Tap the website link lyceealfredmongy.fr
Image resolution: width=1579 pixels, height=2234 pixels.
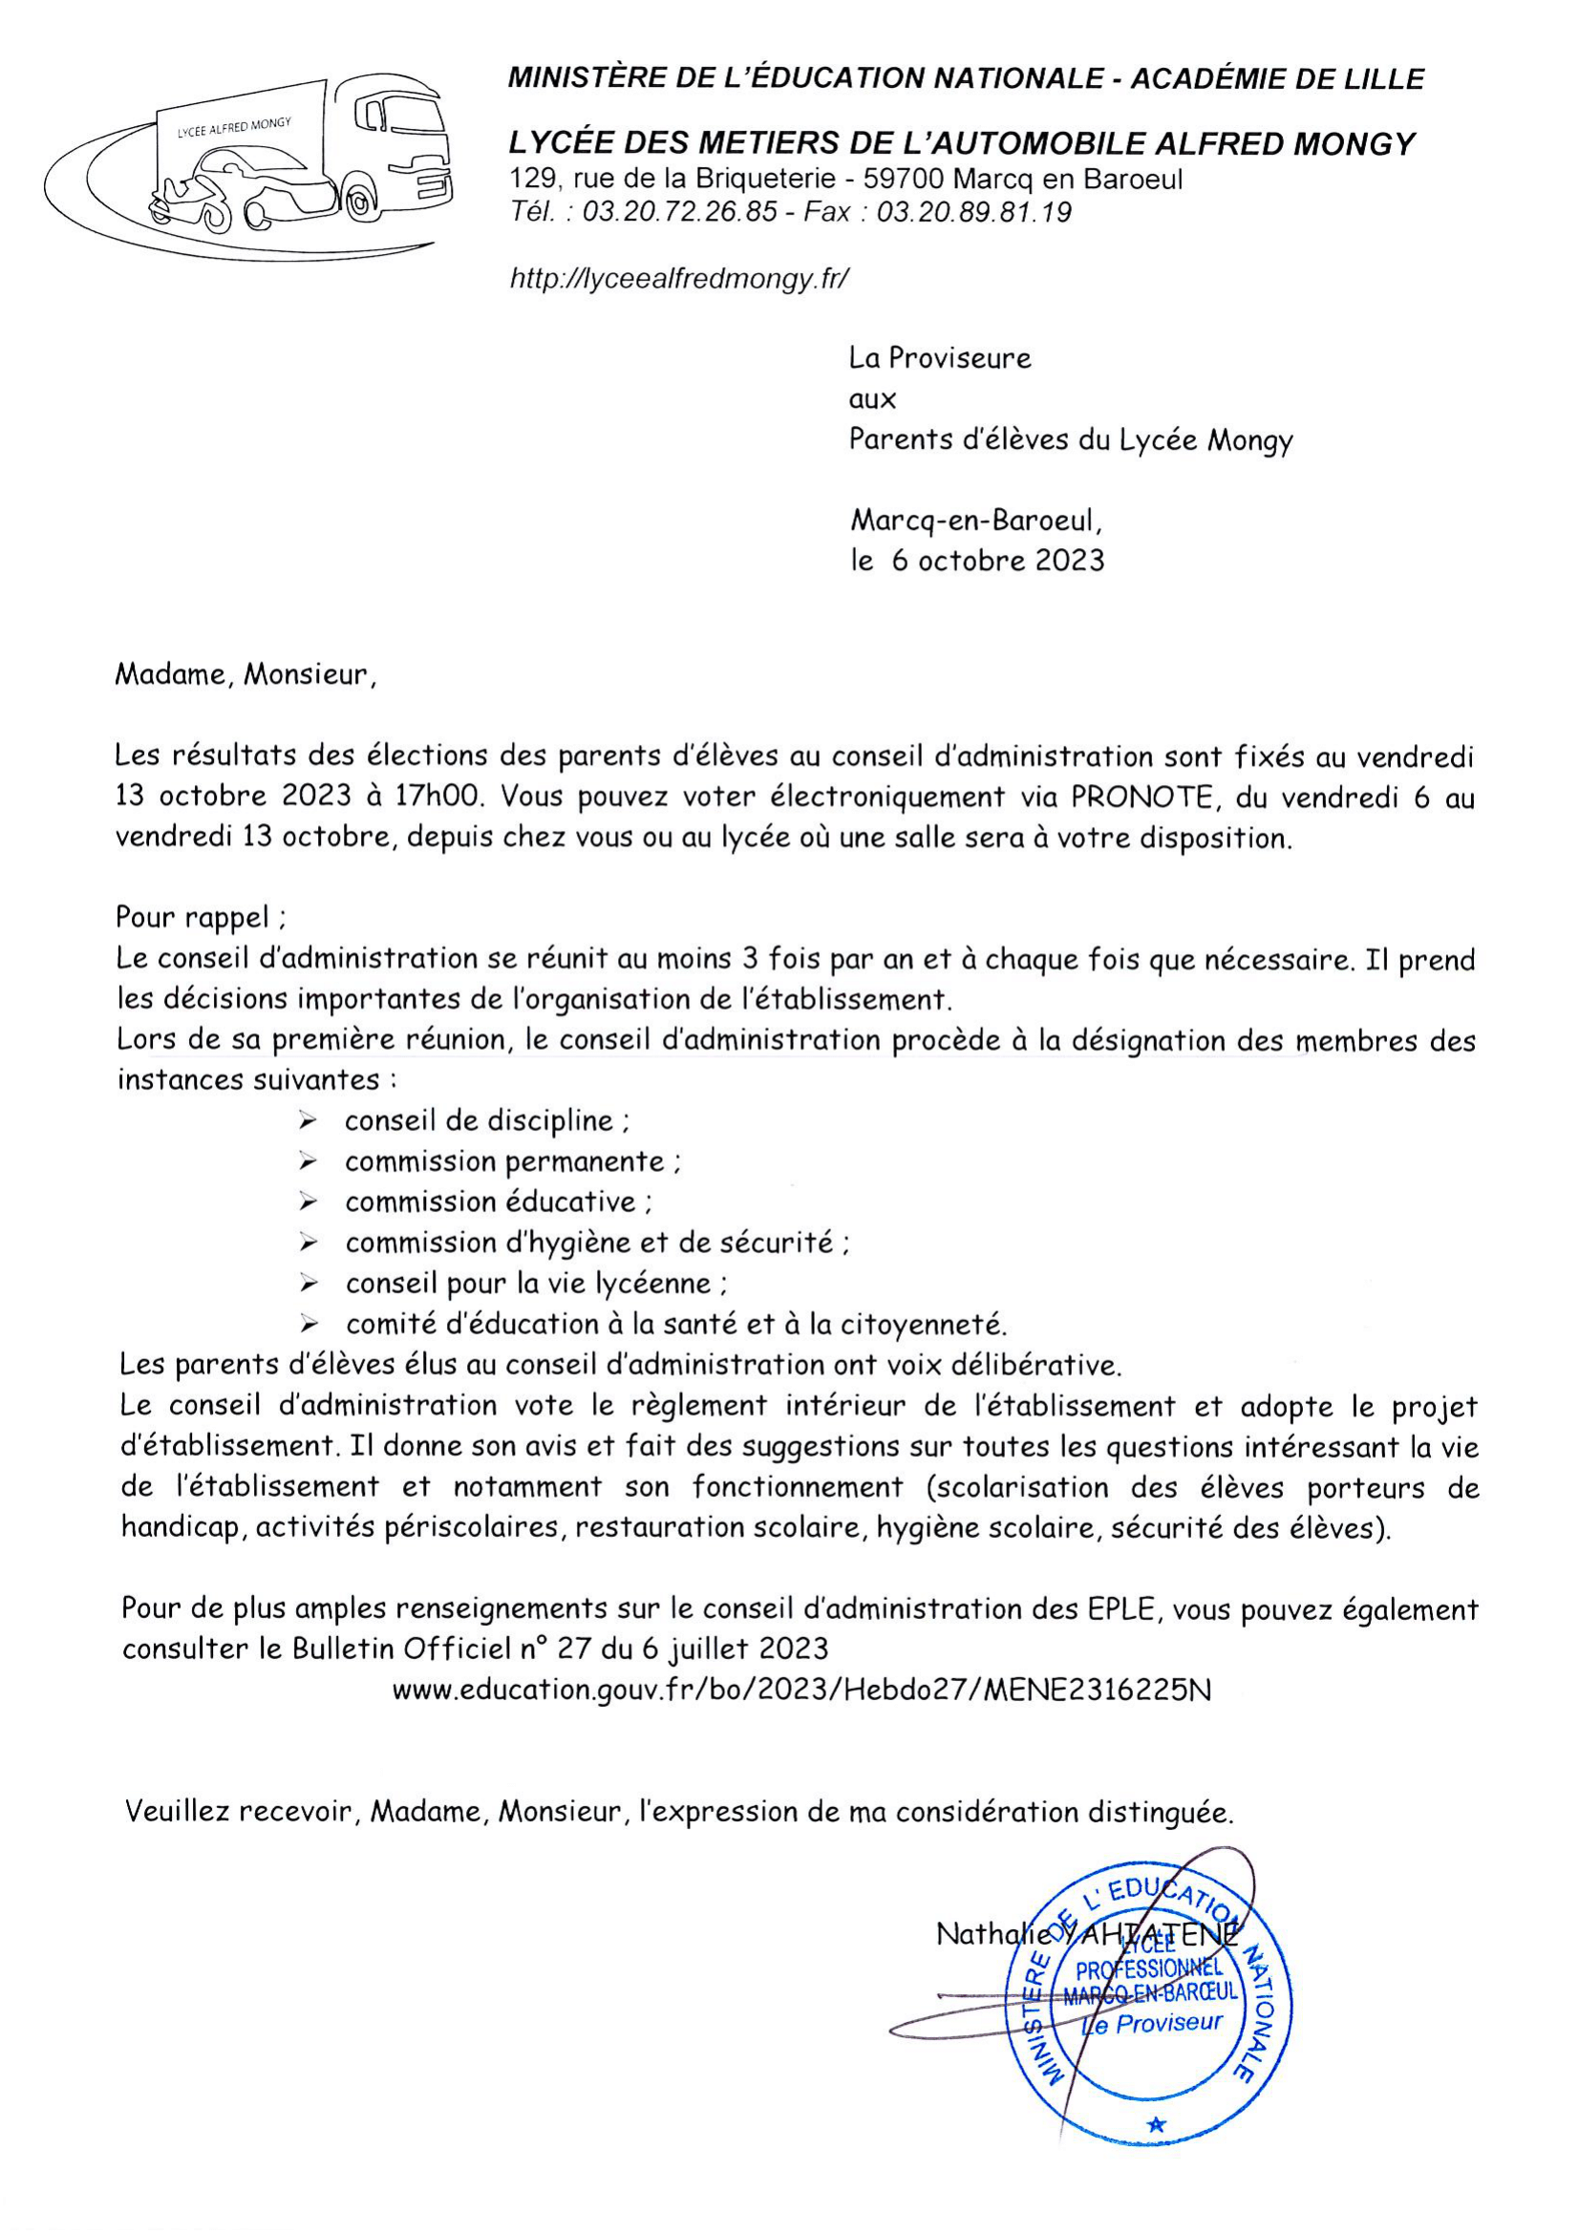(679, 279)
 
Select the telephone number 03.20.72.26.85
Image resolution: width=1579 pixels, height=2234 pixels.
(679, 212)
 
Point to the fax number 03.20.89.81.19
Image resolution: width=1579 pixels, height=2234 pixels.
(974, 212)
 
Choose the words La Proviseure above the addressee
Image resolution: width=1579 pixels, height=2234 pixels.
(939, 358)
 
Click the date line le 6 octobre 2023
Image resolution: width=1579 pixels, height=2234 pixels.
(977, 561)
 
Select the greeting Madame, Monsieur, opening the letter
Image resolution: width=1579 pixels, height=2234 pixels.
(245, 674)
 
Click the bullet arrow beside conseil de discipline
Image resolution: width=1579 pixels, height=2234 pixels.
(309, 1122)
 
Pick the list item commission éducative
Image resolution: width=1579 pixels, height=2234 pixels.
(490, 1202)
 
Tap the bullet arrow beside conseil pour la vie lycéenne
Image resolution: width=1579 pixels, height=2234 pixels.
(309, 1285)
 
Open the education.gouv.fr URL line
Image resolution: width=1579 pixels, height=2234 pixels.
(801, 1691)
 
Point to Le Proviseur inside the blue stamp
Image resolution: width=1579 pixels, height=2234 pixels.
(1152, 2025)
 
